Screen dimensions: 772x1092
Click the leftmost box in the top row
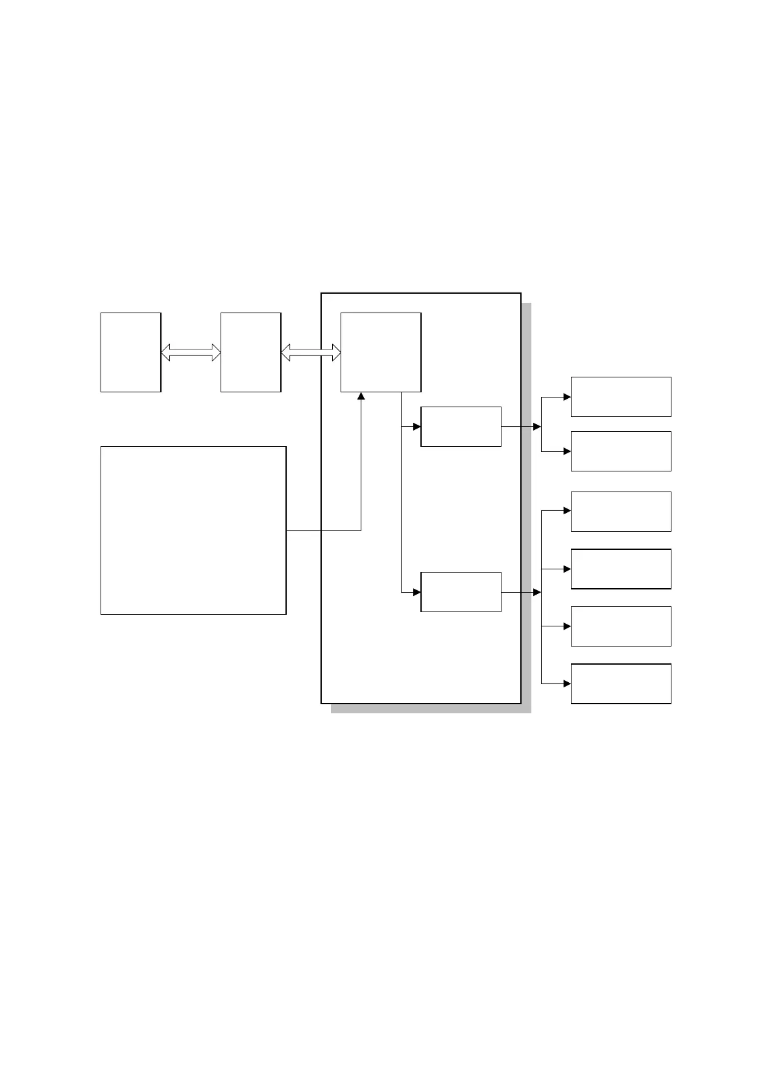pyautogui.click(x=130, y=352)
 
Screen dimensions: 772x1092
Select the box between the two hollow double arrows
pyautogui.click(x=250, y=352)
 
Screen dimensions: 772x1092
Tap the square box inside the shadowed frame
pyautogui.click(x=381, y=352)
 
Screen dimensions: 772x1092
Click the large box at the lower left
pyautogui.click(x=193, y=530)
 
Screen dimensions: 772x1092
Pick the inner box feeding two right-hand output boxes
pyautogui.click(x=461, y=427)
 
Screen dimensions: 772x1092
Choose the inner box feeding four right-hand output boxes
pyautogui.click(x=461, y=591)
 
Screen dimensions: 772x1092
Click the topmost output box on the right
pyautogui.click(x=621, y=396)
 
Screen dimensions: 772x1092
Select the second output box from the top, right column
pyautogui.click(x=621, y=451)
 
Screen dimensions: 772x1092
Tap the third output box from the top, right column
pyautogui.click(x=621, y=511)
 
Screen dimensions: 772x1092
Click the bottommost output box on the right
pyautogui.click(x=621, y=683)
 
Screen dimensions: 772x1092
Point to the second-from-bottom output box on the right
pyautogui.click(x=621, y=626)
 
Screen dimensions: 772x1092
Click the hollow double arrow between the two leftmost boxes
pyautogui.click(x=191, y=352)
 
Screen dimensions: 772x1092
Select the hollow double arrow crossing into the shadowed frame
pyautogui.click(x=311, y=352)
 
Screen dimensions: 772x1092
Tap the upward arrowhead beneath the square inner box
pyautogui.click(x=361, y=396)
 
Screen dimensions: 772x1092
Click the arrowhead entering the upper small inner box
pyautogui.click(x=417, y=427)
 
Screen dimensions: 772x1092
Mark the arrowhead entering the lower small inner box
pyautogui.click(x=417, y=591)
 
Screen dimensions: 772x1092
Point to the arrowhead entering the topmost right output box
pyautogui.click(x=567, y=396)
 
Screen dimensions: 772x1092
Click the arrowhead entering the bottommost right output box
pyautogui.click(x=567, y=683)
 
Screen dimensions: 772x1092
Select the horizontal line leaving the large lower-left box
pyautogui.click(x=323, y=530)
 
